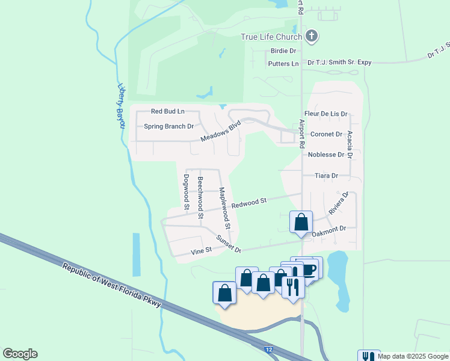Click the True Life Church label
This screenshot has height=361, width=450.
pos(271,37)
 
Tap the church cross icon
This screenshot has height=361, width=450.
pos(311,36)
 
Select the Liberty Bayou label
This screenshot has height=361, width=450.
pos(120,105)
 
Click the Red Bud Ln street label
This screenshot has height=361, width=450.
pos(167,111)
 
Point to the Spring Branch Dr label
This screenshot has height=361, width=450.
pos(168,126)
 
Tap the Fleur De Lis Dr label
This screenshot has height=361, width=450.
pos(326,113)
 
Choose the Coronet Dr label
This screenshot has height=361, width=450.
pos(326,134)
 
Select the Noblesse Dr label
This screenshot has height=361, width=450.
pos(326,155)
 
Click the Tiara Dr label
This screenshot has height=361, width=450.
pos(327,176)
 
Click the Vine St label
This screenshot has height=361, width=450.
pos(201,250)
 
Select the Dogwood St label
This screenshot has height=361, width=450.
pos(186,192)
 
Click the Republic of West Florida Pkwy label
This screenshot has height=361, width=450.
pos(112,285)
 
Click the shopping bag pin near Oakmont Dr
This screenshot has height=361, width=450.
pos(301,221)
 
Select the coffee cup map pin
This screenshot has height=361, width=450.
pos(310,268)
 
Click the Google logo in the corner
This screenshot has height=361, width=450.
pos(20,354)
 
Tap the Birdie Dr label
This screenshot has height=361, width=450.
pos(283,51)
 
